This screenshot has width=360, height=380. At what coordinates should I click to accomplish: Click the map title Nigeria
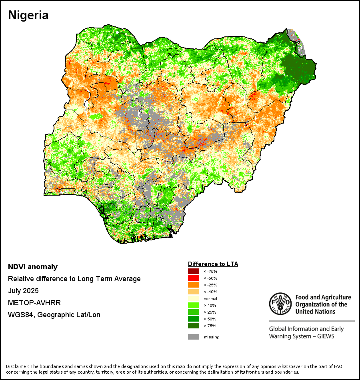pos(28,16)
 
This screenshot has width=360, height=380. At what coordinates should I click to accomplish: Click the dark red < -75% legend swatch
pos(194,272)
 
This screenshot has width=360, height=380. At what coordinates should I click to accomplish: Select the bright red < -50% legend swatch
pos(194,278)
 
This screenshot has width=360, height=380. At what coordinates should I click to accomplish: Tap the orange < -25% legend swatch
pos(194,285)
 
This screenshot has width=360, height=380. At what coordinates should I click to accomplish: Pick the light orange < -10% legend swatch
pos(194,292)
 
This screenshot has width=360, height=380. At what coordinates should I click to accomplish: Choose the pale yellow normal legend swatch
pos(194,298)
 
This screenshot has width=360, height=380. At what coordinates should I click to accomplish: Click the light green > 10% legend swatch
pos(194,305)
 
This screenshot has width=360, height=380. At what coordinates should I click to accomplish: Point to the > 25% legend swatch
pos(194,312)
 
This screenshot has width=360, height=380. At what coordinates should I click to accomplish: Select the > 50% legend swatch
pos(194,319)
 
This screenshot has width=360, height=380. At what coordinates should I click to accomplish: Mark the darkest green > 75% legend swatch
pos(194,326)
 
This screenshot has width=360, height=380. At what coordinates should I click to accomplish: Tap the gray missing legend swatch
pos(194,337)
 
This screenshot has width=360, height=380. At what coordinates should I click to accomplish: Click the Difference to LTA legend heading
pos(213,264)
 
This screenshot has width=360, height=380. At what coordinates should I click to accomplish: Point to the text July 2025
pos(25,291)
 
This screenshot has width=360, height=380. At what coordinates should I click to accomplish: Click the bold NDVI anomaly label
pos(33,267)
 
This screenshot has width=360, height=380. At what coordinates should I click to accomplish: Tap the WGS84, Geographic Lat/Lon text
pos(54,315)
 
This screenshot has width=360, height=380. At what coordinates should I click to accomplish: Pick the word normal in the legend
pos(210,299)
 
